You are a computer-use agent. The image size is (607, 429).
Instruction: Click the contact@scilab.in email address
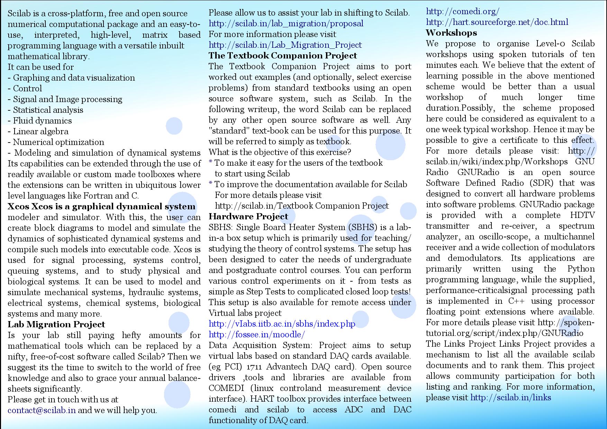42,410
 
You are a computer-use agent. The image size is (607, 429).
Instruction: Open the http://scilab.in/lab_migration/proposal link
286,24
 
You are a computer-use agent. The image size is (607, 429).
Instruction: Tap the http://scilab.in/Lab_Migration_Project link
285,45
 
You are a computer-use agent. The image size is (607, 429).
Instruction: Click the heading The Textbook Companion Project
283,56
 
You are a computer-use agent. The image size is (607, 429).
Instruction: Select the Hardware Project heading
248,217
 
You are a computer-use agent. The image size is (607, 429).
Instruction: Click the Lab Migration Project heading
56,325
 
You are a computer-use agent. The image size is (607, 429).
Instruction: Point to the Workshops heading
451,33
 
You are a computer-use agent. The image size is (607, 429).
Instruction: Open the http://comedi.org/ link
462,11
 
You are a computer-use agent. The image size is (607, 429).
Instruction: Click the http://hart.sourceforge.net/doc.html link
497,22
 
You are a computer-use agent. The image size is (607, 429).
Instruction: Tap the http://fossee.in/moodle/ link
257,335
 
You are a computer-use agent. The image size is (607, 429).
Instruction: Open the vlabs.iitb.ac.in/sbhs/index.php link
282,324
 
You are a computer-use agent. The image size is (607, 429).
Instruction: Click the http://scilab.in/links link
510,398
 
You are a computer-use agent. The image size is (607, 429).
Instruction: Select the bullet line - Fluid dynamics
40,121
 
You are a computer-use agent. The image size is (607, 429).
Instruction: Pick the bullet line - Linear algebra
38,131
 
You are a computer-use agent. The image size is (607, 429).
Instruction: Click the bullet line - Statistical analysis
45,110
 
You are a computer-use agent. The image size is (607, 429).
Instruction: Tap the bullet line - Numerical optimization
56,142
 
